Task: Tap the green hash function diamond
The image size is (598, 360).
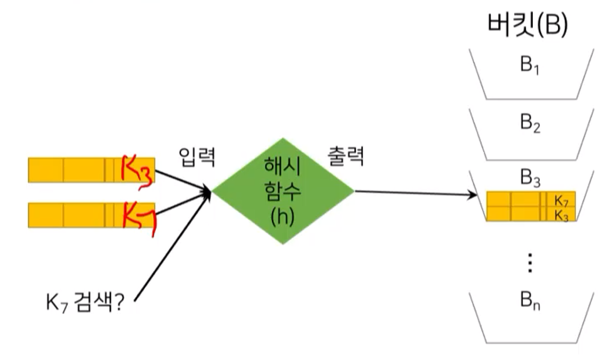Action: coord(283,191)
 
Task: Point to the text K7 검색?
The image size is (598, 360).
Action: coord(84,306)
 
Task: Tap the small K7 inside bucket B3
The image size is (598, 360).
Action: coord(561,200)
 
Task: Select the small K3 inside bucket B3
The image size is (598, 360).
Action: coord(561,214)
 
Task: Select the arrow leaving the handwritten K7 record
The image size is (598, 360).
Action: coord(182,203)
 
